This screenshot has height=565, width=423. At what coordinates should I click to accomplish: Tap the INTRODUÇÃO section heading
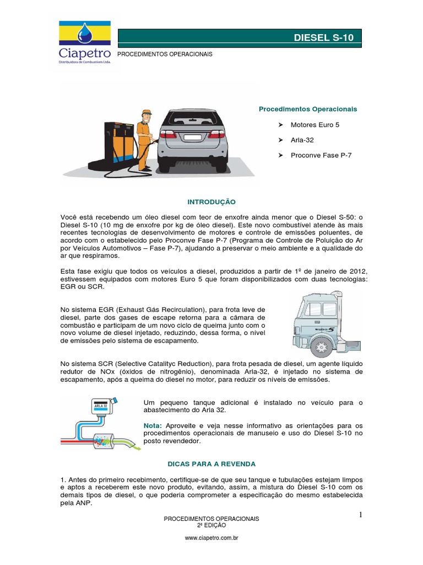coord(212,202)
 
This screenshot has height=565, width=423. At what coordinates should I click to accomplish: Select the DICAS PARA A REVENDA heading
coord(212,465)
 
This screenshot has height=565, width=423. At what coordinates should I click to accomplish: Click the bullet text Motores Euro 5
coord(315,125)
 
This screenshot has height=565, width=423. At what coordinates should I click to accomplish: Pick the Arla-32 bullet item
coord(302,140)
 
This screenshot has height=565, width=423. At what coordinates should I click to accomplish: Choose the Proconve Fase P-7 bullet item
coord(321,156)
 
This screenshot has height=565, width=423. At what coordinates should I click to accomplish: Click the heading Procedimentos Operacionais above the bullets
coord(308,109)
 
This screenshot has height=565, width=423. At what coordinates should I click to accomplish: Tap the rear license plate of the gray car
coord(192,137)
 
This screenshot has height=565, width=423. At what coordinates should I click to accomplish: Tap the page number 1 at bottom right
coord(360,514)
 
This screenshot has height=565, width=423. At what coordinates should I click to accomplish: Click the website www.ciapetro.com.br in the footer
coord(211,537)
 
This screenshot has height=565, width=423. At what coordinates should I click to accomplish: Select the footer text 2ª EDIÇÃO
coord(211,526)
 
